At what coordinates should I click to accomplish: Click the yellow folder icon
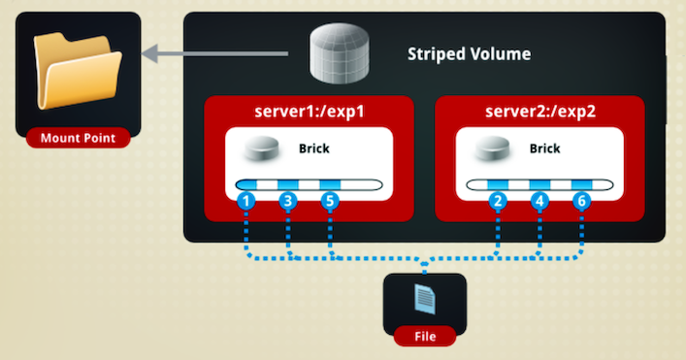point(78,71)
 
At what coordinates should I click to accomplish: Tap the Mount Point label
point(78,138)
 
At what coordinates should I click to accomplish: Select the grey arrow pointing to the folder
point(214,53)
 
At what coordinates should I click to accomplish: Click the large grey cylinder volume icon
point(339,53)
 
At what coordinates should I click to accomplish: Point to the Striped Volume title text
point(469,53)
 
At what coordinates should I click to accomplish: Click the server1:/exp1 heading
point(310,112)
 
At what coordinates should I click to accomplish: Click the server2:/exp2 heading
point(540,112)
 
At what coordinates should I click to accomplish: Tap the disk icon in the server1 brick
point(262,147)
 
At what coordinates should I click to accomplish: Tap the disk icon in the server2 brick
point(493,147)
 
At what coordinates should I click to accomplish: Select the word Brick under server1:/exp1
point(314,148)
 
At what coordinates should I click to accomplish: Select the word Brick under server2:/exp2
point(544,148)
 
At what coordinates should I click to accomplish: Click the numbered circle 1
point(245,201)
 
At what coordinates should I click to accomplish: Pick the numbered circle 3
point(288,201)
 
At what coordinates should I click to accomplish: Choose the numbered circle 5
point(330,201)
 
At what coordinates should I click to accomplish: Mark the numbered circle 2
point(498,201)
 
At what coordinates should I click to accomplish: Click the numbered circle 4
point(539,201)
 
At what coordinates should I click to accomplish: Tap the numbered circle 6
point(582,201)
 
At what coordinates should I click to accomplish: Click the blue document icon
point(425,299)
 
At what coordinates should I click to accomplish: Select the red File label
point(425,336)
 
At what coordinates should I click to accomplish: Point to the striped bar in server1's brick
point(309,184)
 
